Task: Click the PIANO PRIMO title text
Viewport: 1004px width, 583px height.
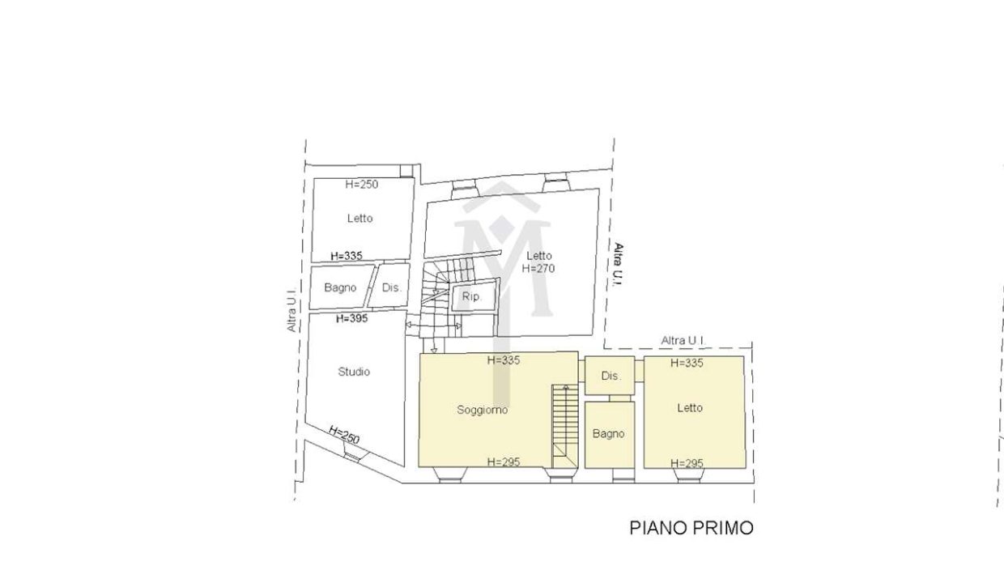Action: [x=691, y=528]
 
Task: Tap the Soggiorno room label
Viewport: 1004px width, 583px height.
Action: [x=483, y=410]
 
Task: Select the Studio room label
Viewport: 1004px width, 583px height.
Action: [x=354, y=372]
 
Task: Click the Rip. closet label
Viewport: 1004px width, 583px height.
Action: [x=471, y=296]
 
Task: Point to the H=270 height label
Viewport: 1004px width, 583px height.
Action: [x=538, y=268]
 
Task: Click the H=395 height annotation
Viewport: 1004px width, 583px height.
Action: [x=352, y=318]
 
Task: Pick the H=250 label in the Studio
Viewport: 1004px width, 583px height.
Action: [x=344, y=435]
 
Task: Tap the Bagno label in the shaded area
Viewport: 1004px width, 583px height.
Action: [x=608, y=433]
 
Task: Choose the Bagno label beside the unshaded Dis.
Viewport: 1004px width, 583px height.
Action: [x=340, y=287]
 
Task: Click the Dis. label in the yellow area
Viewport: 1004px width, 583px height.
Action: [x=610, y=376]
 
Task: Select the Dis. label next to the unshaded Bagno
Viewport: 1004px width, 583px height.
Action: [x=391, y=287]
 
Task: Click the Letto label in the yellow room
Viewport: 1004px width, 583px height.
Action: [x=689, y=408]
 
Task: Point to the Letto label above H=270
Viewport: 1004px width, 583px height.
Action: [x=538, y=256]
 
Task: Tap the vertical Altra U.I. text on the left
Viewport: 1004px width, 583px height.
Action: [x=291, y=309]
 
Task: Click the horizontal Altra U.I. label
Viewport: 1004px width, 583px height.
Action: [x=683, y=341]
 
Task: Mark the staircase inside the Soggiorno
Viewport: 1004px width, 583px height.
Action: [x=565, y=426]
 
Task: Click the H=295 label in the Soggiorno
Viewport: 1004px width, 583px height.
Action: [x=504, y=462]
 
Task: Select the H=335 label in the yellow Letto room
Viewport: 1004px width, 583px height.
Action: [x=687, y=363]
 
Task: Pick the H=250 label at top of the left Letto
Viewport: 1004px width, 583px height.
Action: [x=362, y=184]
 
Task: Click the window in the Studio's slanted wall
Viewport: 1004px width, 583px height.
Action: [x=352, y=453]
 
